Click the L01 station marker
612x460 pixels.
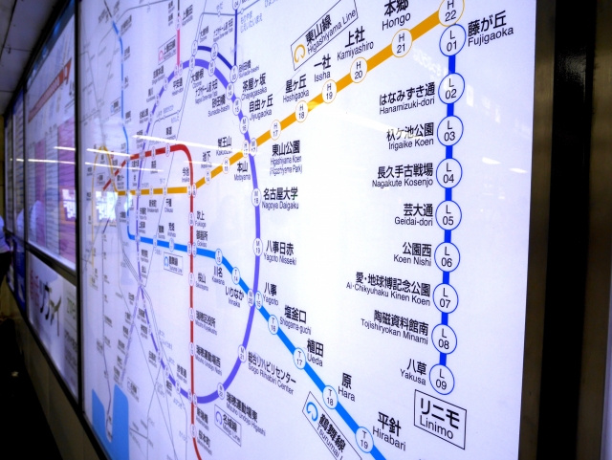451,41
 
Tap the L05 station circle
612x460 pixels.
448,215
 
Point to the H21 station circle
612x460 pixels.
402,42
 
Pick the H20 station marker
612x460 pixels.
359,69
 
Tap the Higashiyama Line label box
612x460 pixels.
325,32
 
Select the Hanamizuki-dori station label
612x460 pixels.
406,95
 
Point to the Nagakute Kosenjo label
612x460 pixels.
404,177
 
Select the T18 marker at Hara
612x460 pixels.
330,395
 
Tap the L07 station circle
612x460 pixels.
445,297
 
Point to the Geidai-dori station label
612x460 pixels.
414,216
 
